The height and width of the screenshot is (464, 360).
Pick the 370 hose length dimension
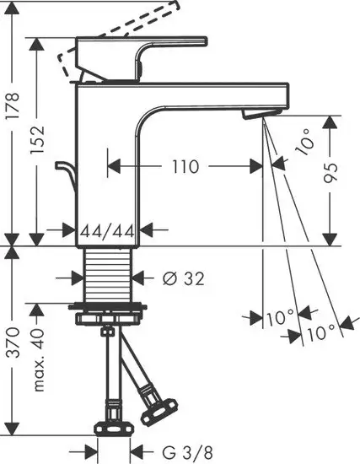[x=13, y=345]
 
